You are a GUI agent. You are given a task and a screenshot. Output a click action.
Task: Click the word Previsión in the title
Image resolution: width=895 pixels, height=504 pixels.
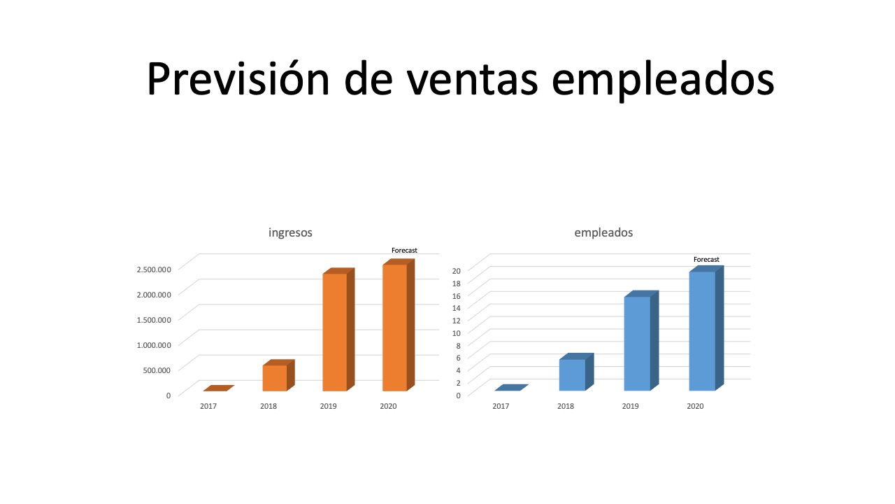point(238,78)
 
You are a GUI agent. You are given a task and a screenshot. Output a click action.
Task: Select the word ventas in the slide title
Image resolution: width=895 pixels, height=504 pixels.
point(472,80)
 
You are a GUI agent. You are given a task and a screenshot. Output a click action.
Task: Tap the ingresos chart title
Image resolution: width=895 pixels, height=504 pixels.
point(290,233)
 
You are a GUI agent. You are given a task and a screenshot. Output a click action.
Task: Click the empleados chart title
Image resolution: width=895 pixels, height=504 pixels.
point(603,233)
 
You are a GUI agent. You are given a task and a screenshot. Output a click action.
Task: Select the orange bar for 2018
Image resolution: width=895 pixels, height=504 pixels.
point(278,375)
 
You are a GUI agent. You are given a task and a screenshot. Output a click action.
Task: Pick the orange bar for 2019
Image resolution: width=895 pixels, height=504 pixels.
point(338,330)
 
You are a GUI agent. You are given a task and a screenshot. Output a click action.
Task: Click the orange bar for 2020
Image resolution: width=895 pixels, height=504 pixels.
point(399,325)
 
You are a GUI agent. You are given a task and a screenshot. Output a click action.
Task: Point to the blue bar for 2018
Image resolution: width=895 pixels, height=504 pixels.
point(576,372)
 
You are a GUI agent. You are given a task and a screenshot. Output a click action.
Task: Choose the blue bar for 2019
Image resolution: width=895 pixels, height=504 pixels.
point(641,341)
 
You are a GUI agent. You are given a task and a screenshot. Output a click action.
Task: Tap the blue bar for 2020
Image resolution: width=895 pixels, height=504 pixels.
point(706,328)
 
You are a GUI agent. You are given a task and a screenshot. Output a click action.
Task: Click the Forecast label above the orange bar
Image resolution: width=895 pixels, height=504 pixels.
point(404,251)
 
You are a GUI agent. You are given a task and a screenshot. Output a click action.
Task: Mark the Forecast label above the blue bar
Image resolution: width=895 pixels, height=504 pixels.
point(706,260)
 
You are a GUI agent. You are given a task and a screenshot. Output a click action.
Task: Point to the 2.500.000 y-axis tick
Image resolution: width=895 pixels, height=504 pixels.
point(154,269)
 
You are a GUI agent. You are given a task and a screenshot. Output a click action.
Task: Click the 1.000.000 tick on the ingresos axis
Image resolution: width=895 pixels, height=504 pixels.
point(154,345)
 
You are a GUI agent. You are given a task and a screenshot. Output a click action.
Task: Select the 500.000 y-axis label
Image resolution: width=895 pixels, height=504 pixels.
point(157,370)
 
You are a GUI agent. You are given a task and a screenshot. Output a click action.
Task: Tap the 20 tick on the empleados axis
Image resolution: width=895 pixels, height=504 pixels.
point(457,271)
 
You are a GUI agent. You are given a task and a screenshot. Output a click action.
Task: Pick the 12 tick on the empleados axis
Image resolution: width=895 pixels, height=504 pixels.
point(457,321)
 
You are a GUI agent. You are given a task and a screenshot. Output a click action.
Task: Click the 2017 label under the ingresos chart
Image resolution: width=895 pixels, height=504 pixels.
point(208,407)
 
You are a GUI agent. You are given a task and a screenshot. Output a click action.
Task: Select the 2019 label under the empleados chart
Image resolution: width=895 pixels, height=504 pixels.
point(631,407)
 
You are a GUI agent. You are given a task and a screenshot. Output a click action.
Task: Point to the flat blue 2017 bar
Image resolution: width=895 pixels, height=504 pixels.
point(511,388)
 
